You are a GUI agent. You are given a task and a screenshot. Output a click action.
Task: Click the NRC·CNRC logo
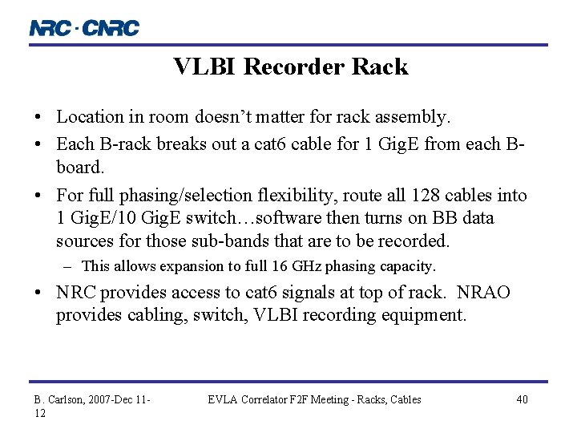pos(84,28)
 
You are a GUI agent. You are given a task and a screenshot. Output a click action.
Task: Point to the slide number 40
pos(522,399)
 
